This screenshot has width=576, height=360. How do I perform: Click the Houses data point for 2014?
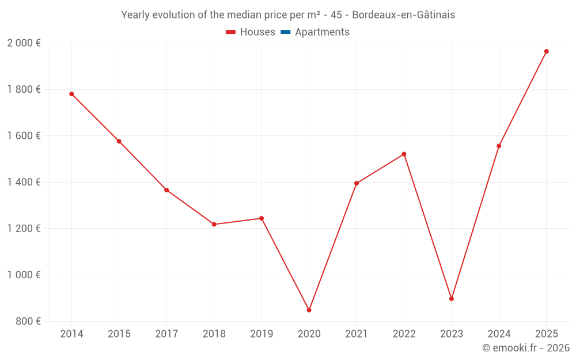pyautogui.click(x=71, y=94)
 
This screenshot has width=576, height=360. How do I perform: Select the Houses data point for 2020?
pyautogui.click(x=309, y=310)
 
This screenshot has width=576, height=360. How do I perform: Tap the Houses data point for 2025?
pyautogui.click(x=546, y=51)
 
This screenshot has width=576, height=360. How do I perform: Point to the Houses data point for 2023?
pyautogui.click(x=452, y=298)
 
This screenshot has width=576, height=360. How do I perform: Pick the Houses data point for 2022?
pyautogui.click(x=404, y=154)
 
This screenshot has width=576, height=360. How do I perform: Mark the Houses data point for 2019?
pyautogui.click(x=262, y=218)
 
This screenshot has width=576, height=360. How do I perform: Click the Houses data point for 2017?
pyautogui.click(x=166, y=190)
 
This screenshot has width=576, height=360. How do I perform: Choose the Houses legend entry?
pyautogui.click(x=251, y=32)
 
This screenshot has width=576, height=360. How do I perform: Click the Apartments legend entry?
pyautogui.click(x=315, y=32)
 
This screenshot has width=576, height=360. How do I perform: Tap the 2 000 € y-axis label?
pyautogui.click(x=24, y=43)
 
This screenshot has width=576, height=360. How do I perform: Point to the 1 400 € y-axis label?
pyautogui.click(x=24, y=182)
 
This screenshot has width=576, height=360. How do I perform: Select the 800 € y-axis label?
pyautogui.click(x=27, y=321)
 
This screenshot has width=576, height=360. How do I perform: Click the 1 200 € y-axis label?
pyautogui.click(x=24, y=228)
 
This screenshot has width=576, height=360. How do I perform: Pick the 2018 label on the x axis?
pyautogui.click(x=214, y=334)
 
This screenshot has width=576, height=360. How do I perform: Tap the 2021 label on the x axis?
pyautogui.click(x=357, y=334)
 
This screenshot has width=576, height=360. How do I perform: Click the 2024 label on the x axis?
pyautogui.click(x=499, y=334)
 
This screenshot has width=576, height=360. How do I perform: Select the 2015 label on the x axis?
pyautogui.click(x=119, y=334)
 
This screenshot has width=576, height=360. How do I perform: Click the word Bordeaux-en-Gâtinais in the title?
pyautogui.click(x=403, y=15)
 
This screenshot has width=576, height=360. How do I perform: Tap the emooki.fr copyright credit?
pyautogui.click(x=526, y=348)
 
